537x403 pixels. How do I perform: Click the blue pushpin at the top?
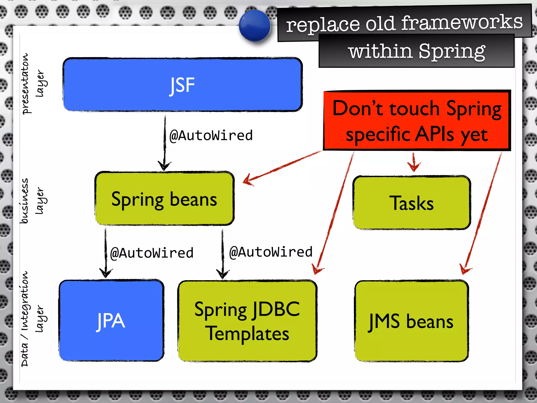point(255,26)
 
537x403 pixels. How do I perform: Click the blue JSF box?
point(182,84)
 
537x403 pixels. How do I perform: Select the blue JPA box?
point(111,321)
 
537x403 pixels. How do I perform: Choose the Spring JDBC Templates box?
point(247,321)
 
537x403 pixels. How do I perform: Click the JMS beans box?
point(411,321)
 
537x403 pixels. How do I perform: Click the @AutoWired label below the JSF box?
point(211,136)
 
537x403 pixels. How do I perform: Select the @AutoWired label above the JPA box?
point(152,253)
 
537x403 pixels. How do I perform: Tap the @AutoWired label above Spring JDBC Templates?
point(271,252)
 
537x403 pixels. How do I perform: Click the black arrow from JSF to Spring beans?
point(165,143)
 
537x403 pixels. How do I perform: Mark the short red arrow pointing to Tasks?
point(414,163)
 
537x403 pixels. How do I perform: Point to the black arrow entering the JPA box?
point(106,252)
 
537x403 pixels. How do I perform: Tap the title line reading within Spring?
point(416,51)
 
